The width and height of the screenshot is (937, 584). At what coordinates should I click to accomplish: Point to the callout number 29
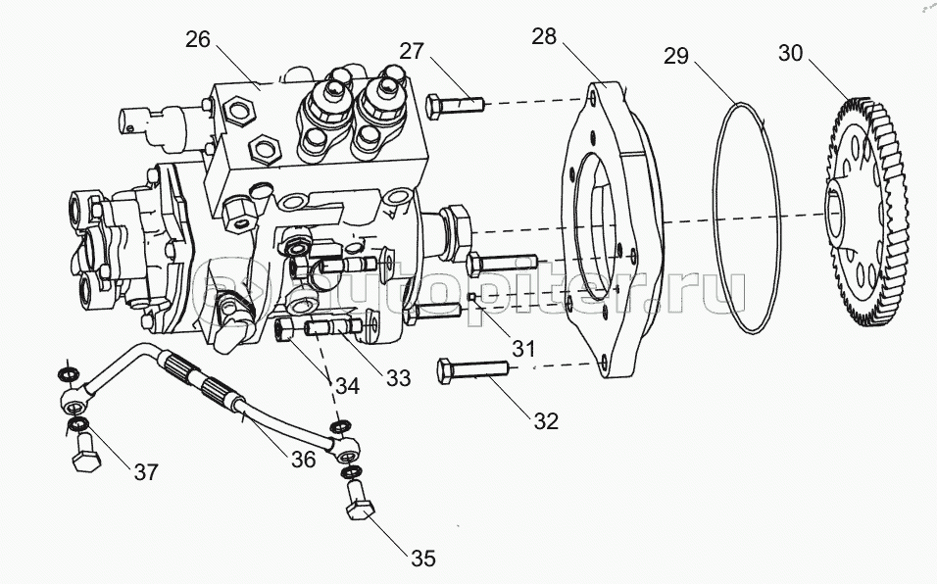click(675, 55)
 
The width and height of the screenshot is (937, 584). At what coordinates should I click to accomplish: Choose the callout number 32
click(546, 420)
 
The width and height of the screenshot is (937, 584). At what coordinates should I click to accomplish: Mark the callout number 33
click(397, 376)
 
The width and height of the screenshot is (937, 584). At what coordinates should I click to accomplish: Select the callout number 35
click(422, 559)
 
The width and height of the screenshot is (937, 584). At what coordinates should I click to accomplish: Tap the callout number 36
click(302, 458)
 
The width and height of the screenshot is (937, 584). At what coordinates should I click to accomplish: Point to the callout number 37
click(146, 472)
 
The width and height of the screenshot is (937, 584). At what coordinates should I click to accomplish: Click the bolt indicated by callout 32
click(471, 371)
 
